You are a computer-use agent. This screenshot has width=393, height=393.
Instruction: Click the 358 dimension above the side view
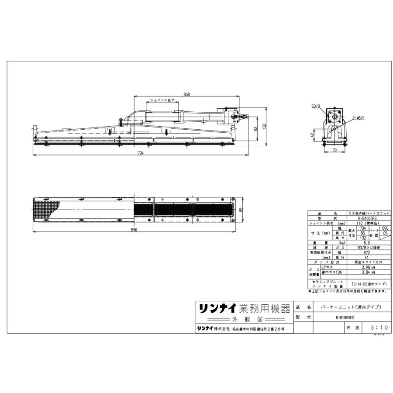click(x=186, y=94)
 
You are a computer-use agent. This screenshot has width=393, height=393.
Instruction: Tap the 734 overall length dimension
click(x=140, y=153)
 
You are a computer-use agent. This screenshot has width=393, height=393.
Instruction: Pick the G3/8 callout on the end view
click(x=316, y=106)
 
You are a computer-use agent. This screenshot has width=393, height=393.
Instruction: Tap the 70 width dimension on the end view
click(x=334, y=151)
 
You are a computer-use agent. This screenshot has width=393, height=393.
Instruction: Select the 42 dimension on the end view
click(x=312, y=135)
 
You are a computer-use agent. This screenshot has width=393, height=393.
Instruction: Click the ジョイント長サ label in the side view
click(x=162, y=100)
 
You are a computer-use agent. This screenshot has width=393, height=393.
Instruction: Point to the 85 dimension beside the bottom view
click(x=240, y=210)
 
